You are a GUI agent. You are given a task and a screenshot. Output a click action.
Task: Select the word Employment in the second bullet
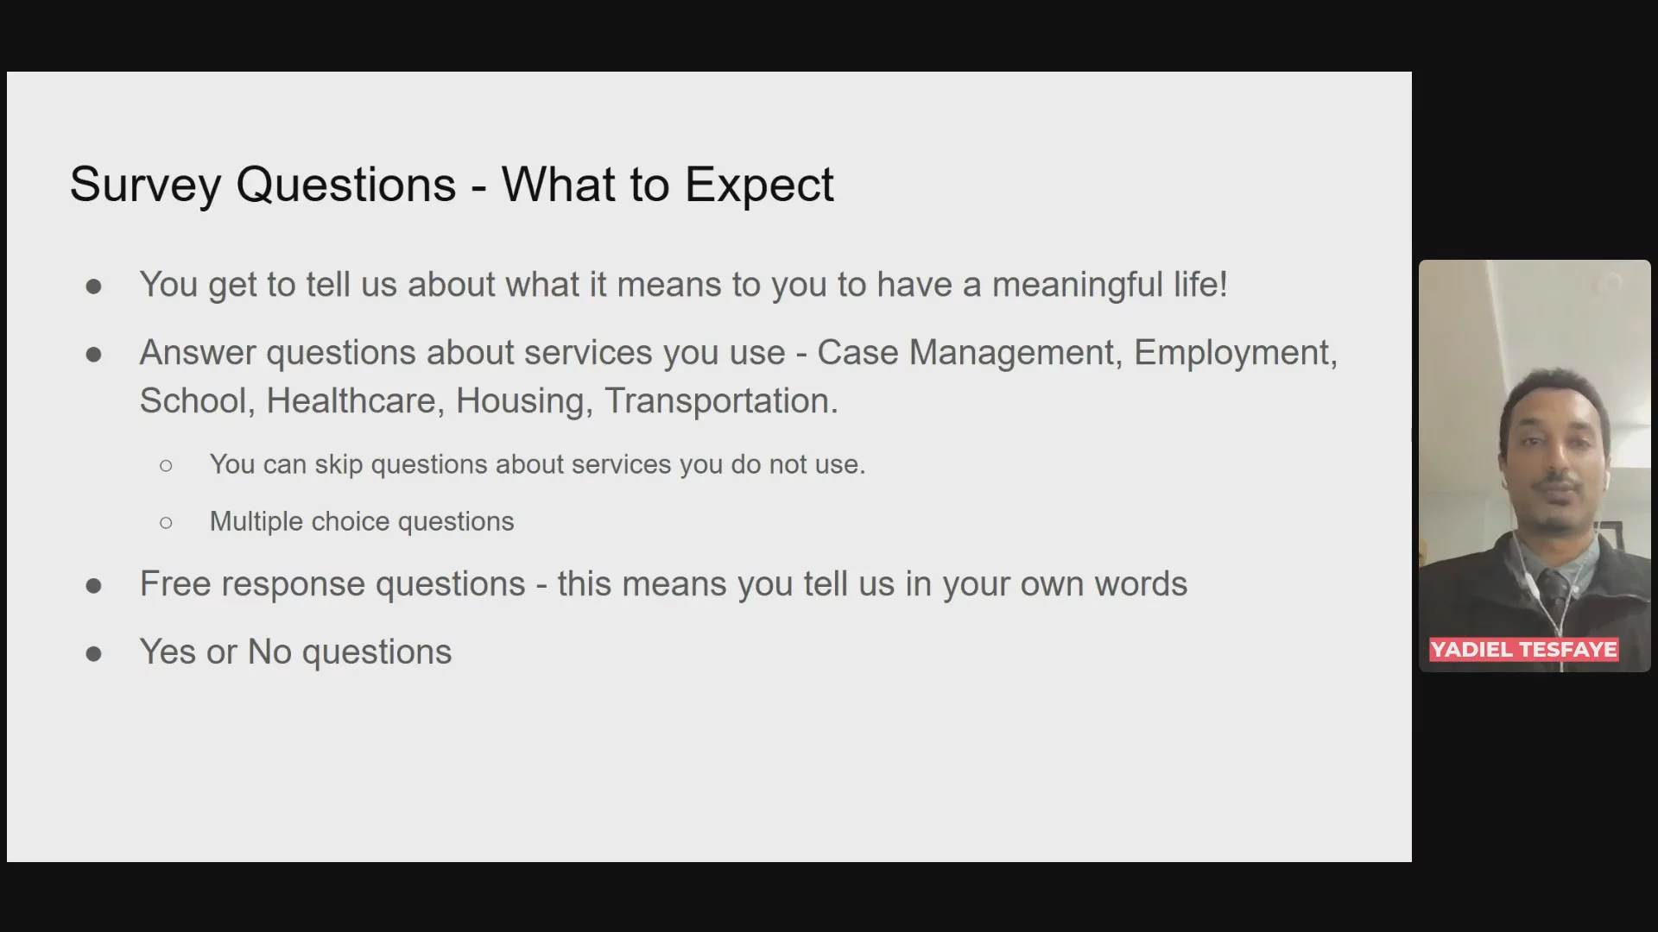click(1236, 354)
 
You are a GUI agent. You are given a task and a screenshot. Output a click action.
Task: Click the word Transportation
click(721, 402)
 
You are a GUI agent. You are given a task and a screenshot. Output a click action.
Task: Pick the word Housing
click(524, 402)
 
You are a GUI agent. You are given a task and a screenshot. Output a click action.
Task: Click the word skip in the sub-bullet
click(339, 465)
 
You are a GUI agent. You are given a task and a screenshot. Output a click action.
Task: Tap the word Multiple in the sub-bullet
click(256, 522)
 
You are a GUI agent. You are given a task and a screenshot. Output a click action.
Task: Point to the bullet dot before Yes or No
click(94, 654)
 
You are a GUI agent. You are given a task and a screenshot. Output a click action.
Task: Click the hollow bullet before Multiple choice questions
click(166, 523)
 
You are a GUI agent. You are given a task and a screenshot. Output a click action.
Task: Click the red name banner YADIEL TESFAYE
click(1523, 650)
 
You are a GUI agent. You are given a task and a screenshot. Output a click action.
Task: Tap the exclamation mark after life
click(1223, 285)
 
